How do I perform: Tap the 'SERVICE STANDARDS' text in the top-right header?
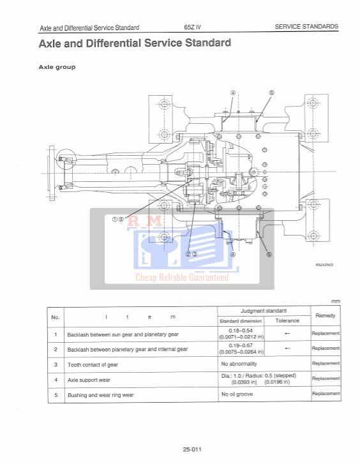click(306, 27)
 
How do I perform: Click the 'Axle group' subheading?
click(57, 66)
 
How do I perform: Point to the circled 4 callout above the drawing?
click(233, 92)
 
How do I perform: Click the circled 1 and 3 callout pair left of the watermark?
click(117, 218)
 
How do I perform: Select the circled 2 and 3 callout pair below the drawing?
click(191, 253)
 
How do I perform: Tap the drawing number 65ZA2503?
click(324, 264)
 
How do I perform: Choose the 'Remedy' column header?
click(325, 315)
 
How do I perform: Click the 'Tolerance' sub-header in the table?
click(287, 320)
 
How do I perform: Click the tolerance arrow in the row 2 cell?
click(287, 348)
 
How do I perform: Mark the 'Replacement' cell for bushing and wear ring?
click(325, 394)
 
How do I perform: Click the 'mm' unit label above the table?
click(336, 301)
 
